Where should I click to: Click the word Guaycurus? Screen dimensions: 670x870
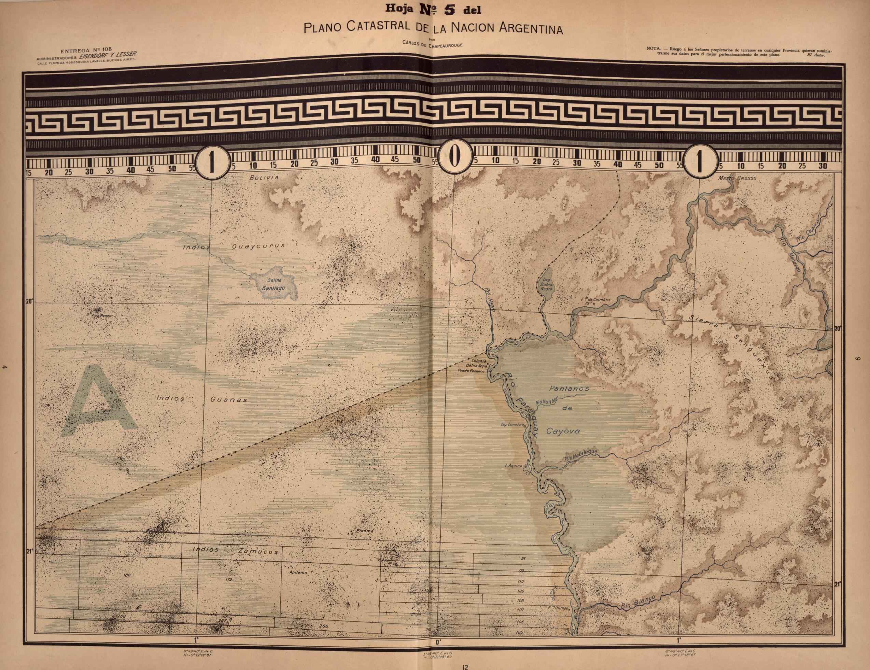tap(258, 246)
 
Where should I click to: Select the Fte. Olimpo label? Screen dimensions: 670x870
tap(558, 608)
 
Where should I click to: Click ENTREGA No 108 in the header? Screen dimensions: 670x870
tap(84, 50)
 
